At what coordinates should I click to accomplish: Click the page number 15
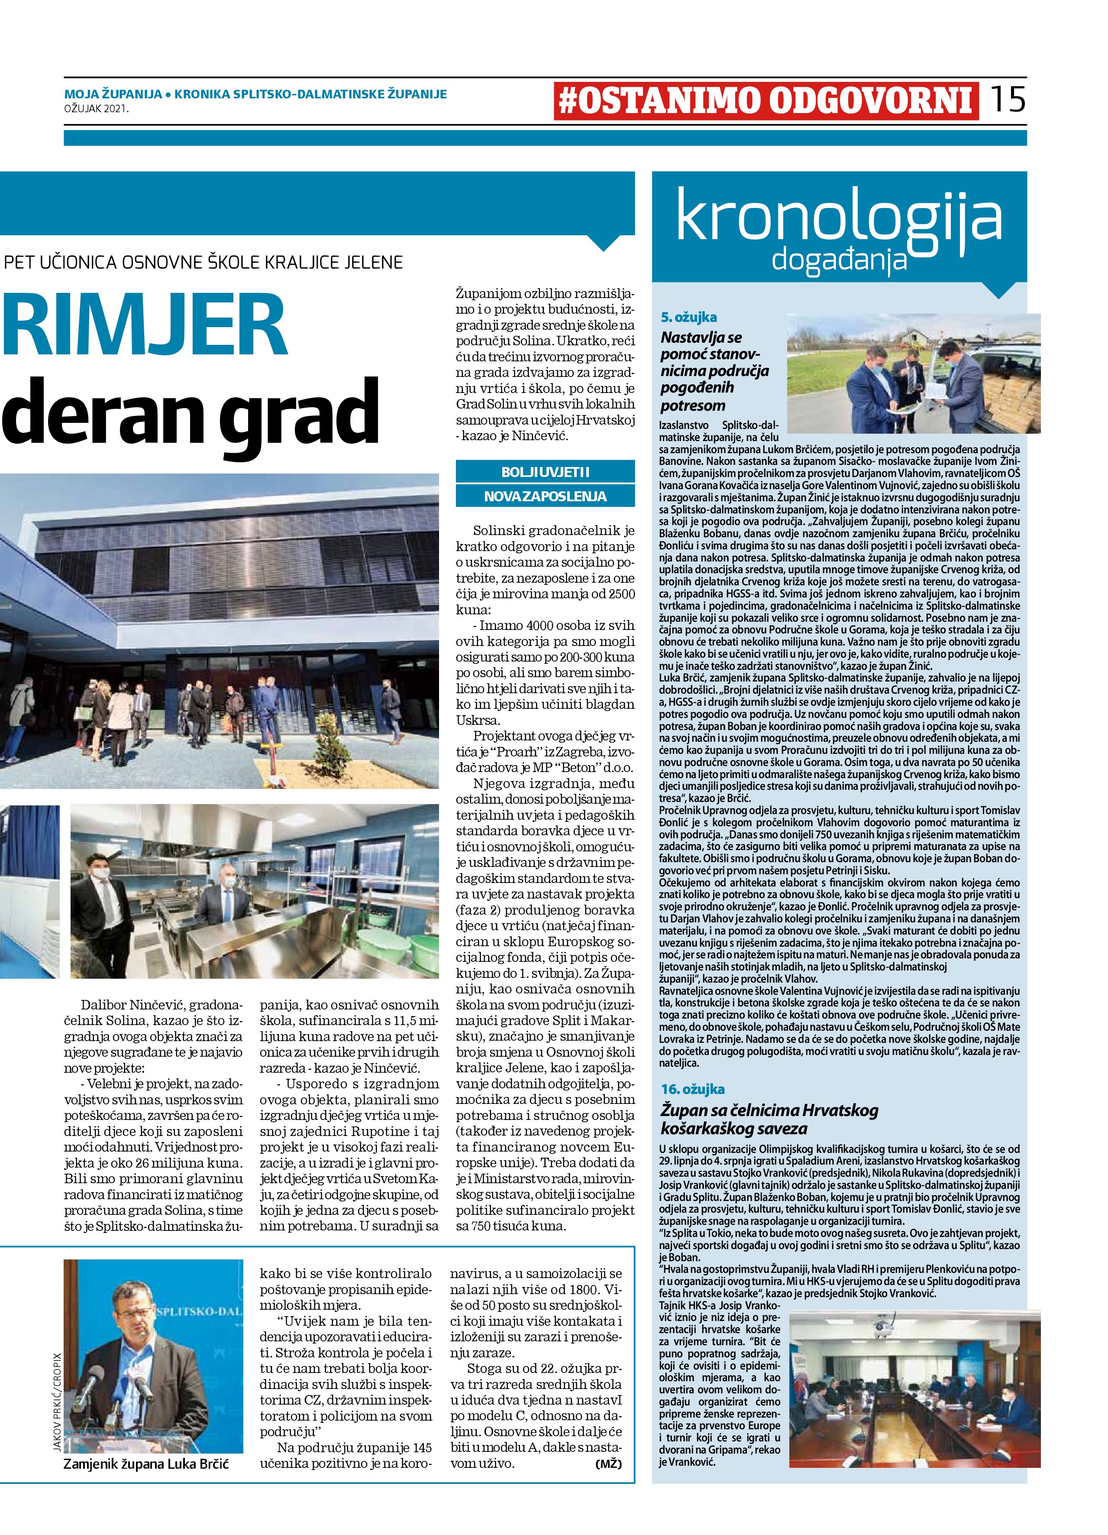1008,100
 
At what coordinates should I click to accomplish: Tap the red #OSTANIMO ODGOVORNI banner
766,101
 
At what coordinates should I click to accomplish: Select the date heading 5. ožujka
688,317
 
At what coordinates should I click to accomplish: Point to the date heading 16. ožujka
693,1089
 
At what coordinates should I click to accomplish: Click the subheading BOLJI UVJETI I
545,472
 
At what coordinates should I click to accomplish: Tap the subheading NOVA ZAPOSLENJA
545,496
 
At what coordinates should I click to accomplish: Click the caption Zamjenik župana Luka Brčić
146,1464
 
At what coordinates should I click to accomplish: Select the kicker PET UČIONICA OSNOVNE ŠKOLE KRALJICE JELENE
203,262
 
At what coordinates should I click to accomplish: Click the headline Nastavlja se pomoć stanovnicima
714,371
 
